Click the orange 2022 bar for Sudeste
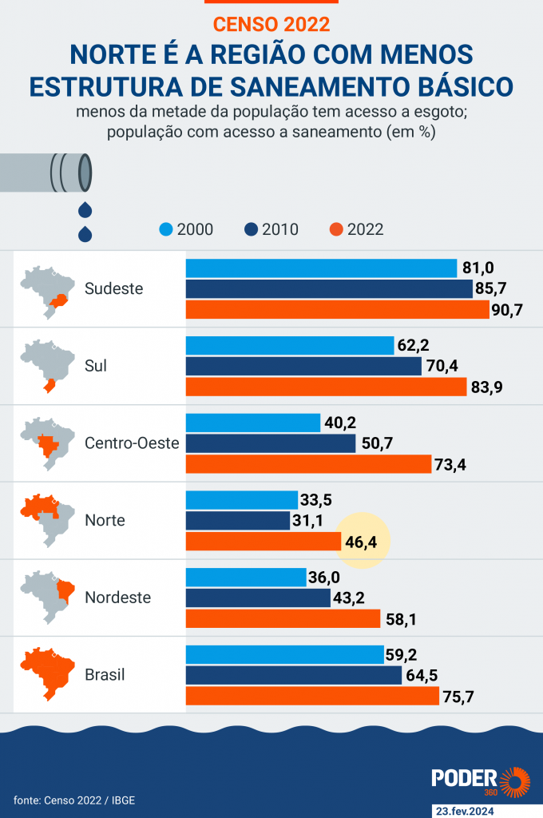[x=337, y=310]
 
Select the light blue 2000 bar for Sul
[x=291, y=346]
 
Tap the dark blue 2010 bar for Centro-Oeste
[x=271, y=443]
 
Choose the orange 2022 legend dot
[x=336, y=229]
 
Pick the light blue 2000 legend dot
[x=165, y=229]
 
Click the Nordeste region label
[x=118, y=598]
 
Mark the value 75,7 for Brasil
[x=458, y=696]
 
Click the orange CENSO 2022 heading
[x=271, y=24]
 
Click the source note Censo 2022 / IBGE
[x=69, y=800]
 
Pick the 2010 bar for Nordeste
[x=258, y=598]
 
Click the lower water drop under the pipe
[x=84, y=234]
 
